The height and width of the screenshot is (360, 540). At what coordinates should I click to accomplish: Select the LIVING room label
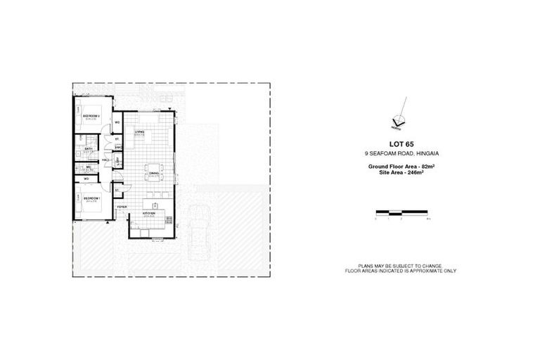click(x=140, y=131)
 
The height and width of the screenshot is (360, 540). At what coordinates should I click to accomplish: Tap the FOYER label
click(x=122, y=207)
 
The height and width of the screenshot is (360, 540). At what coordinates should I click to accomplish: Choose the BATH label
click(x=89, y=149)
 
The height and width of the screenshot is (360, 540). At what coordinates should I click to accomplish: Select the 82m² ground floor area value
click(x=425, y=166)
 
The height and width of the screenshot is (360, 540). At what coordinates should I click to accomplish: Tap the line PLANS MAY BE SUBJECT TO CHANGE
click(x=400, y=265)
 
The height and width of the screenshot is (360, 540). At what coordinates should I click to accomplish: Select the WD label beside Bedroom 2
click(x=117, y=122)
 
